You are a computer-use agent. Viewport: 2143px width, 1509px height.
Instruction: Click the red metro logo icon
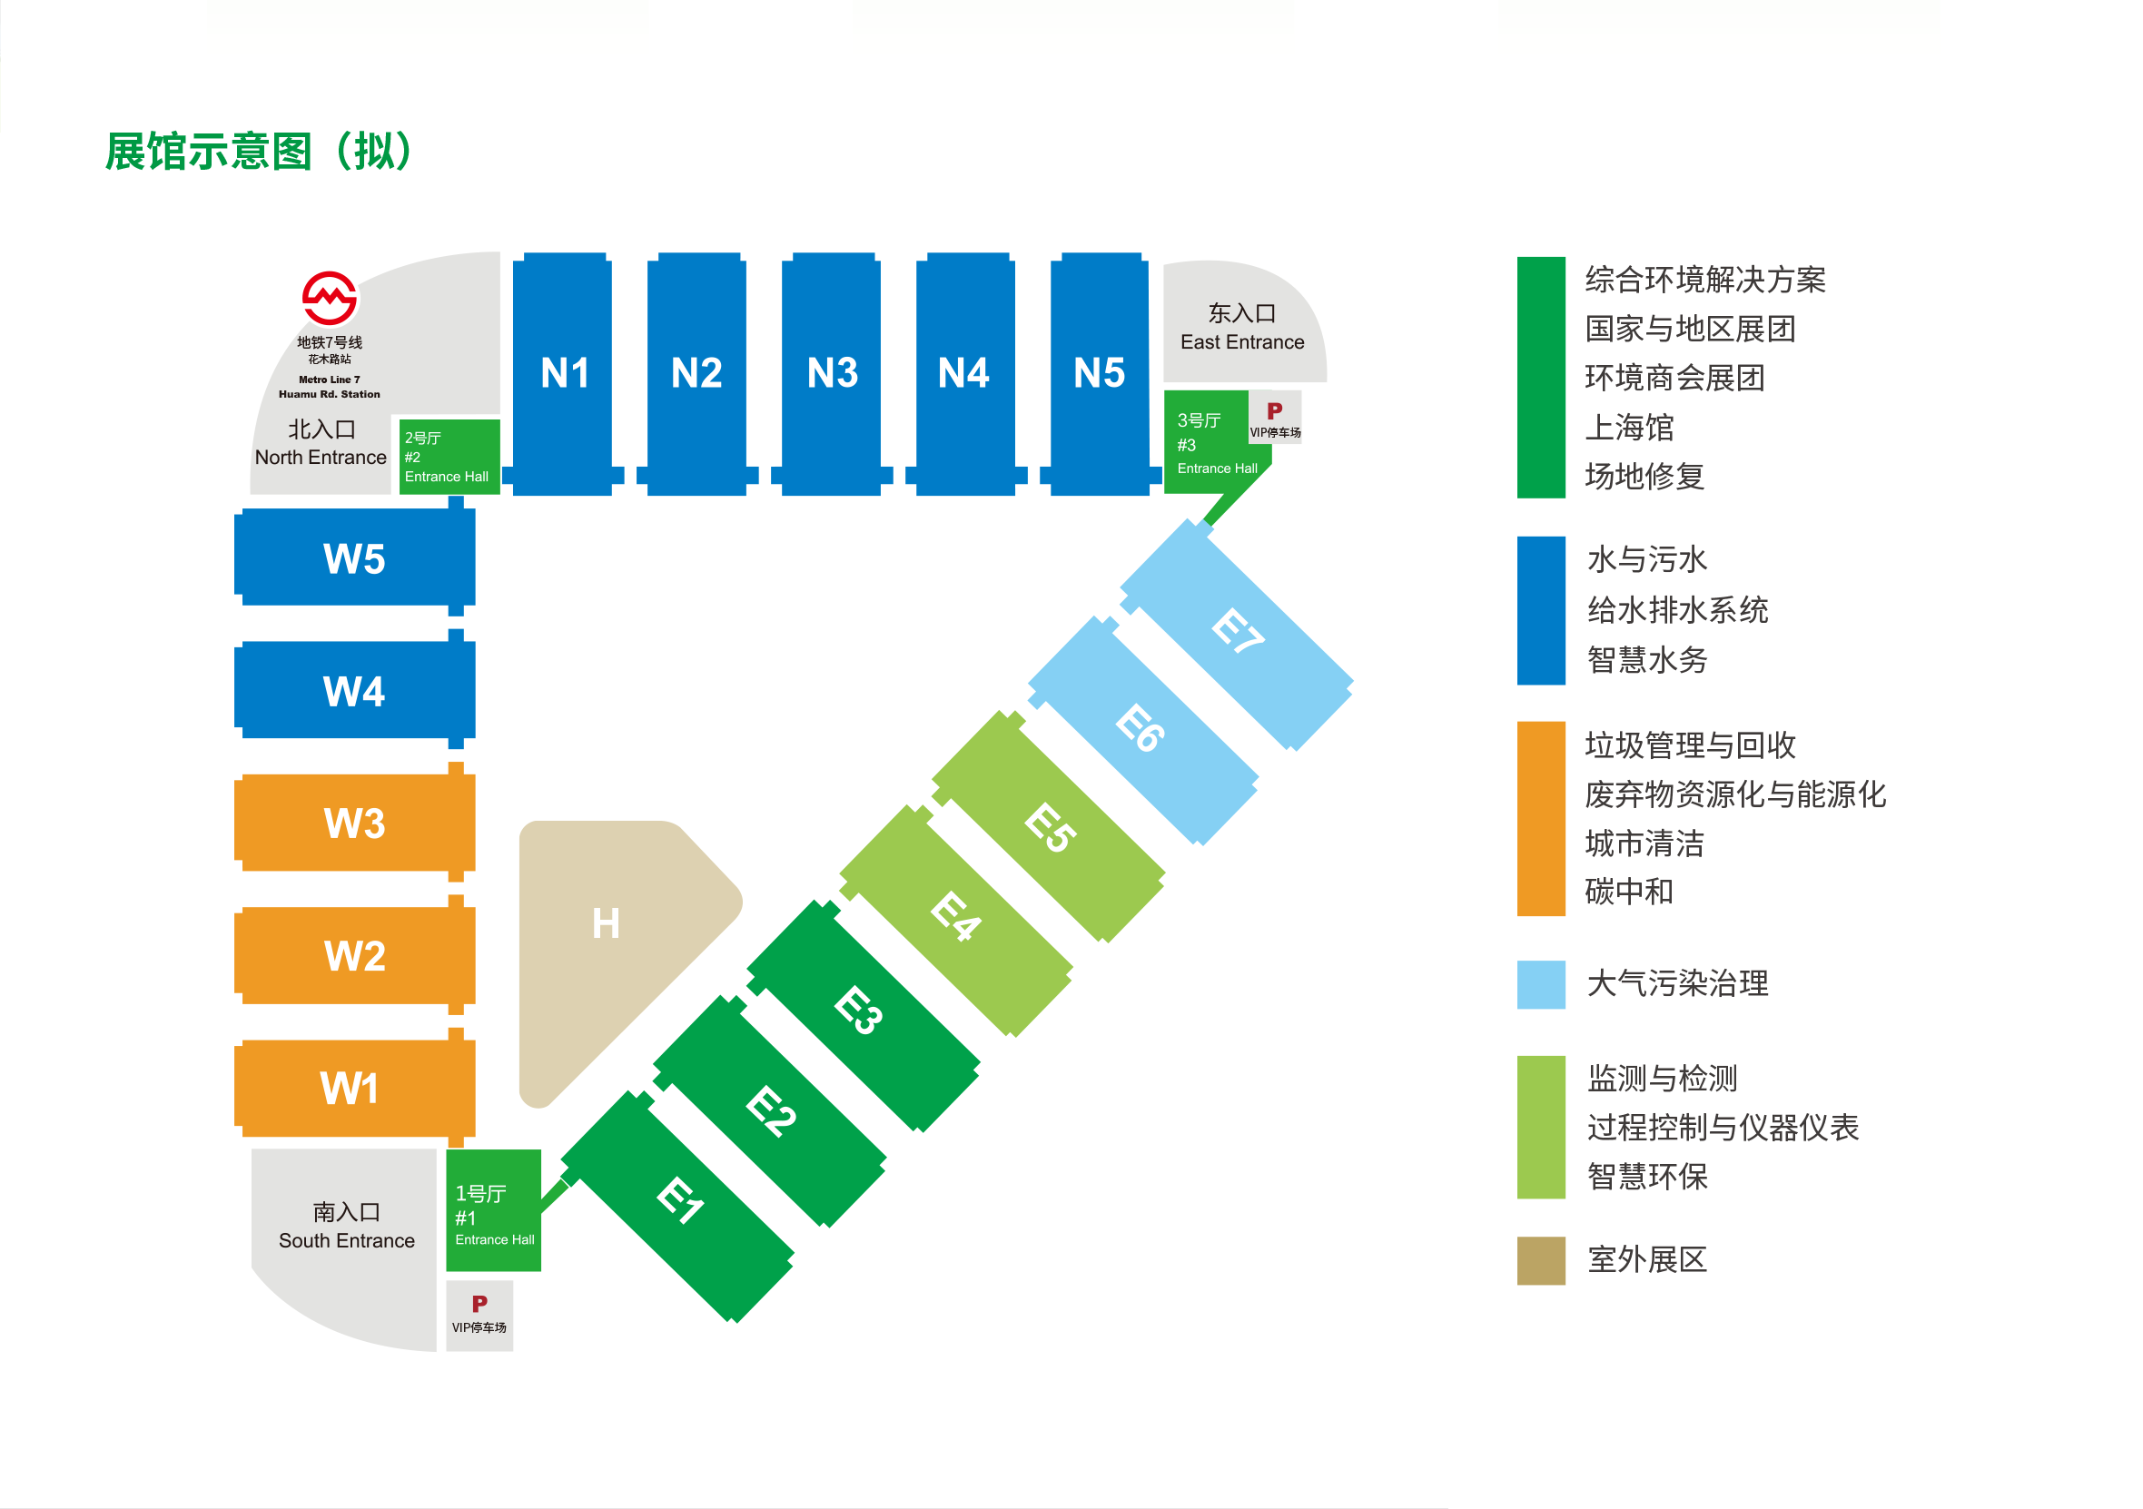[329, 299]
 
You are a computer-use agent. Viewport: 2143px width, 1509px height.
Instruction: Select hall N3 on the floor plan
[832, 373]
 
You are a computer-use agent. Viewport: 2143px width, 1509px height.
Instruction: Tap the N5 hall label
[1099, 373]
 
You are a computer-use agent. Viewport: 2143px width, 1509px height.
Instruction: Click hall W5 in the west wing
[354, 558]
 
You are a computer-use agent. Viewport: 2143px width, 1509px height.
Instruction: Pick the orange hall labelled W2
[354, 955]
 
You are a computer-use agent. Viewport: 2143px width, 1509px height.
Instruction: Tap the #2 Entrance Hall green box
[449, 457]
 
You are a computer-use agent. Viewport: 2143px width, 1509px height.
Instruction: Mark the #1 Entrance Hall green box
[493, 1211]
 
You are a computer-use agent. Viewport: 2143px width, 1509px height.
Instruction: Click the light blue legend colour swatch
[1540, 984]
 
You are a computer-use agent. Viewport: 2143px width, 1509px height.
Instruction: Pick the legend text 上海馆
[1629, 428]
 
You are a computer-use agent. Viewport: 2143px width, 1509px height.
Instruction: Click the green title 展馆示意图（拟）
[259, 152]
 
